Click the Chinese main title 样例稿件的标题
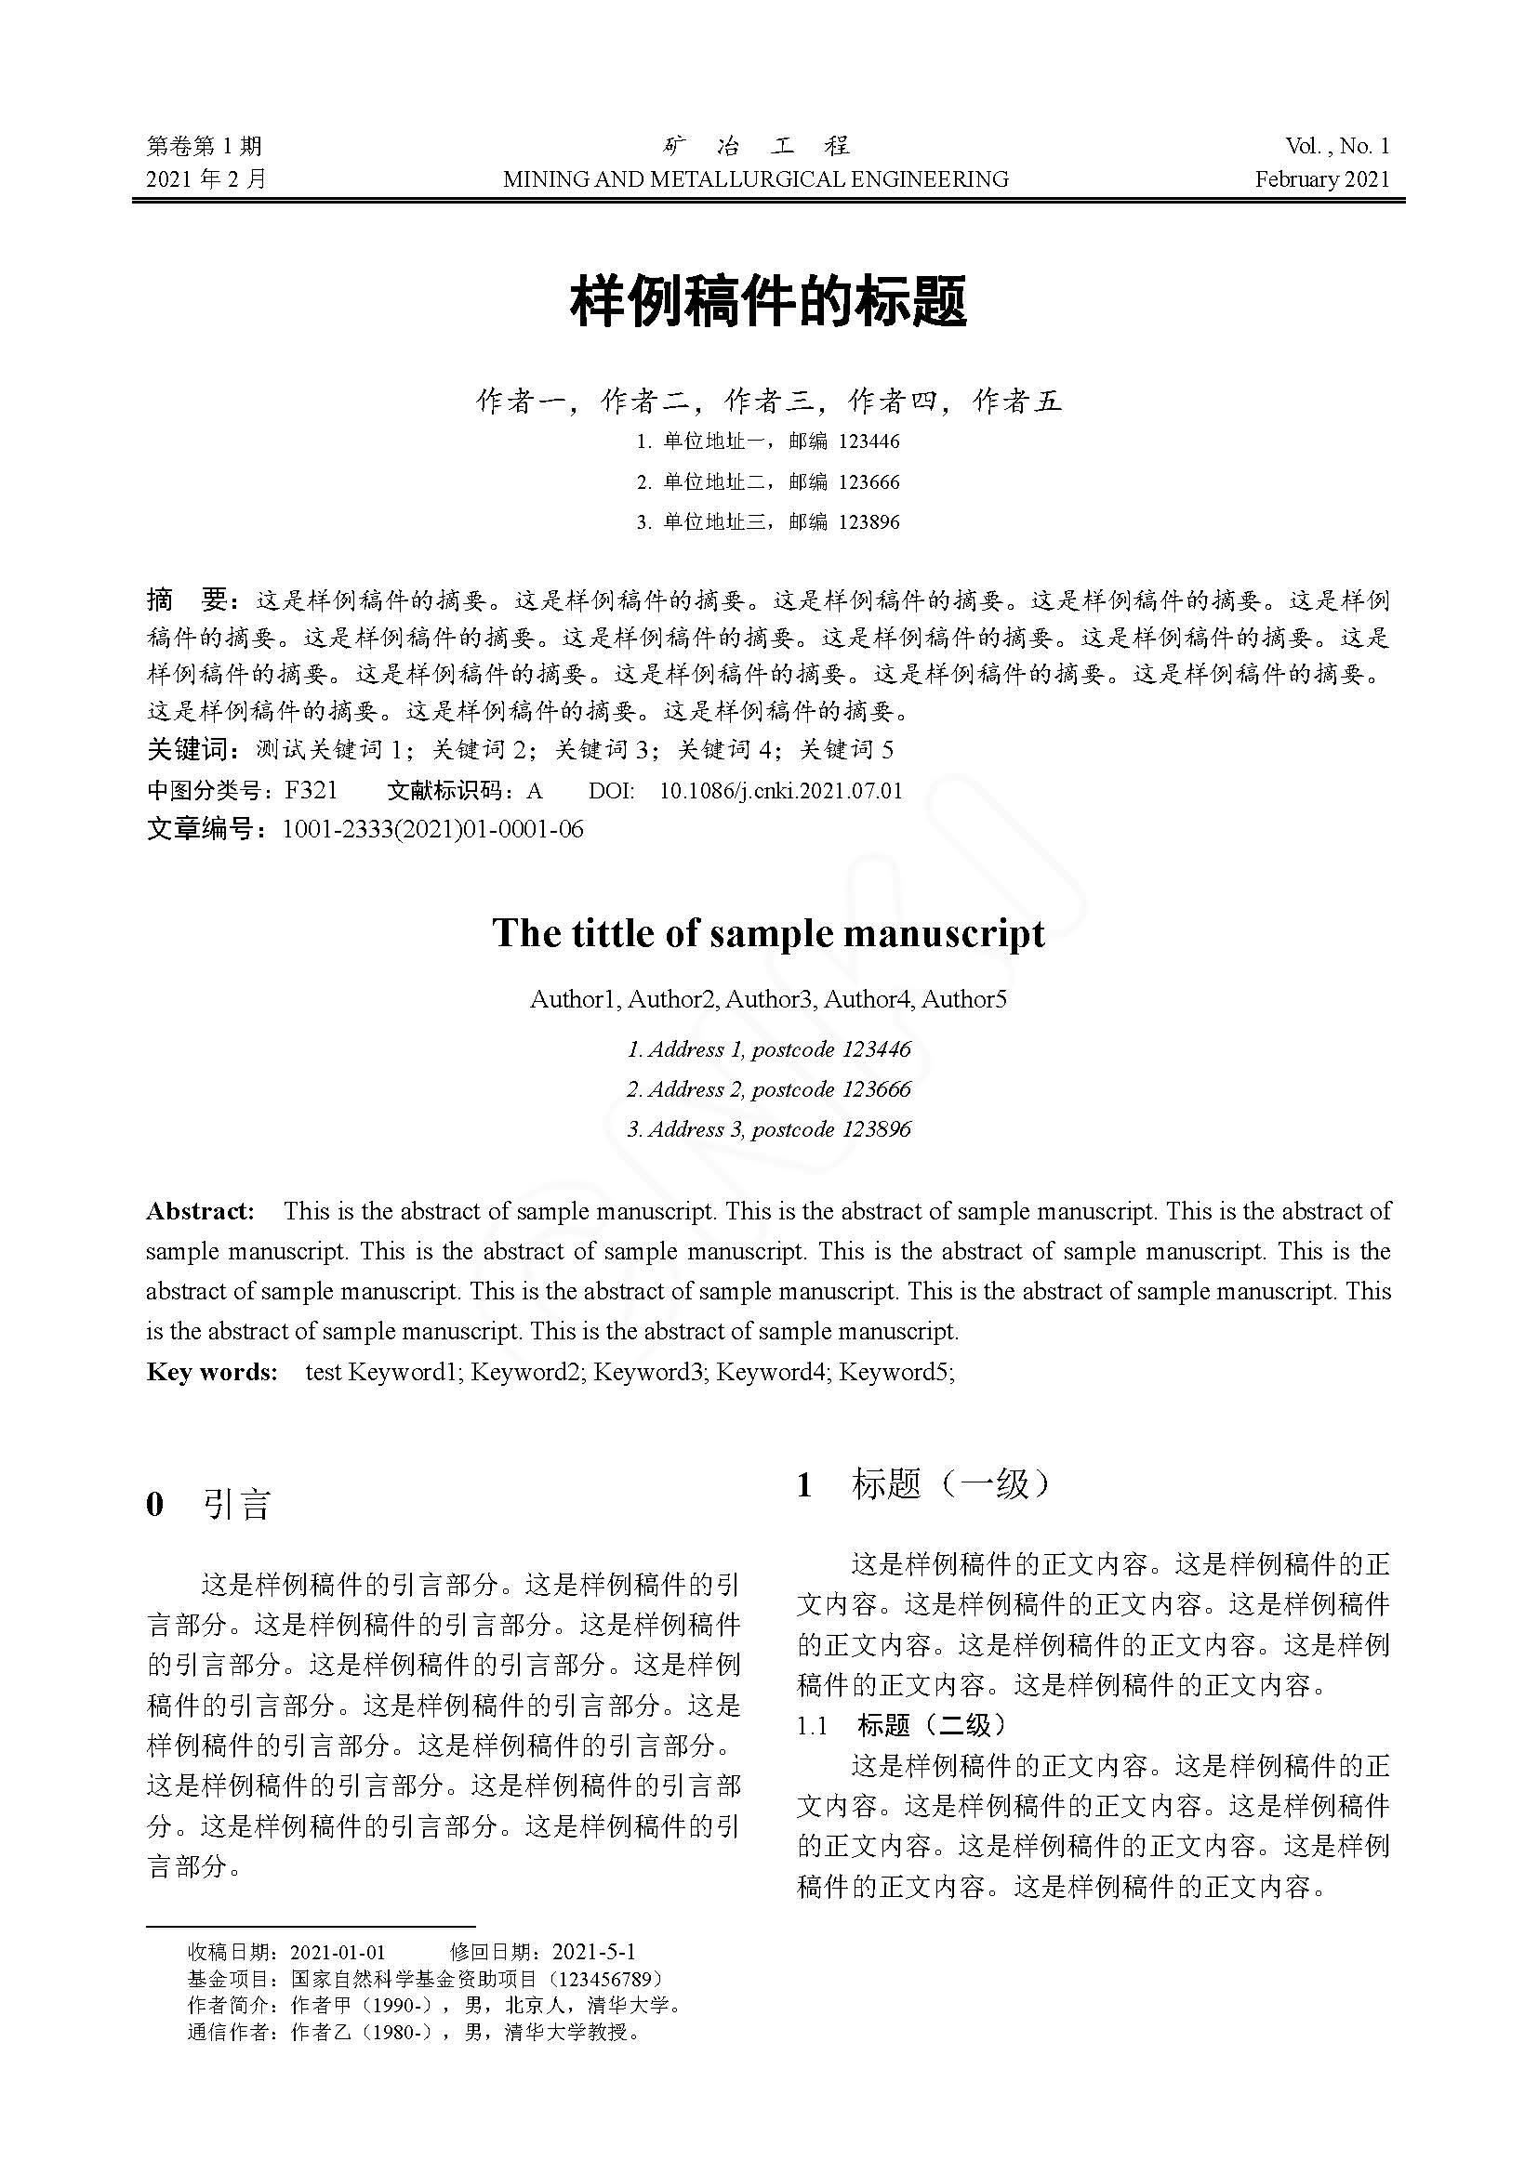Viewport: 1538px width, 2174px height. tap(768, 302)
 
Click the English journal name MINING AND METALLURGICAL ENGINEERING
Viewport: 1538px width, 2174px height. tap(755, 179)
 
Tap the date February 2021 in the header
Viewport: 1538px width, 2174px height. tap(1322, 179)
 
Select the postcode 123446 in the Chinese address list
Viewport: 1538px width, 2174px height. tap(869, 441)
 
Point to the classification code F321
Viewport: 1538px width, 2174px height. tap(311, 790)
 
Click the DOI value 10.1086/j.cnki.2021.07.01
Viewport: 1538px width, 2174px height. tap(780, 790)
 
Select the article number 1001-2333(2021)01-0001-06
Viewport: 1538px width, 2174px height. tap(432, 830)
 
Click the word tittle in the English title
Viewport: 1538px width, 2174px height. tap(613, 933)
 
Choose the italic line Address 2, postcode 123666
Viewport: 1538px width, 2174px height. tap(768, 1089)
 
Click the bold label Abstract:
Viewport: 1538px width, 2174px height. tap(200, 1211)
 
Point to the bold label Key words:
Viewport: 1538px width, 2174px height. tap(211, 1372)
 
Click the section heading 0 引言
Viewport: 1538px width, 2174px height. tap(208, 1504)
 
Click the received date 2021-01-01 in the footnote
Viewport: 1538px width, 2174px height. tap(338, 1952)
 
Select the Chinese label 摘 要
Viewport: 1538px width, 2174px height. tap(187, 600)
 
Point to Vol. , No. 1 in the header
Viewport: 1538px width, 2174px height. tap(1336, 146)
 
